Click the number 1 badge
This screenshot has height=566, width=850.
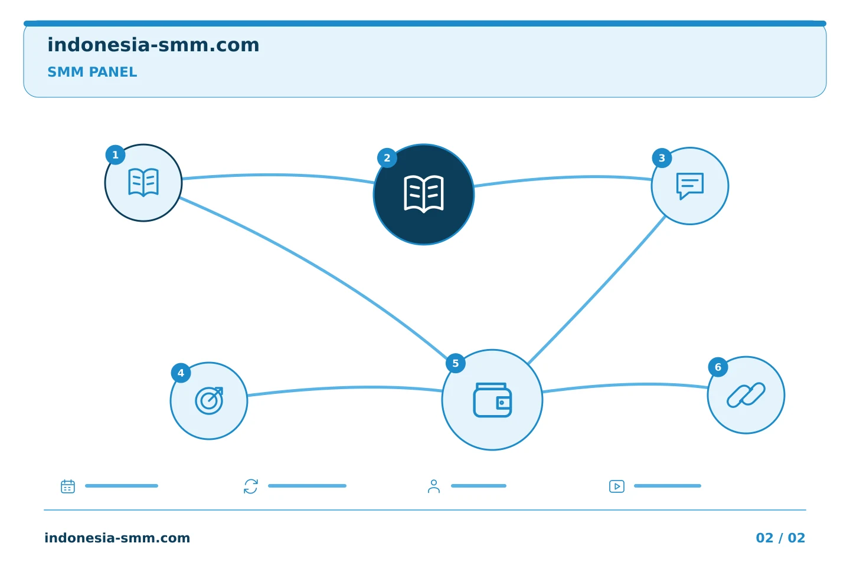tap(115, 154)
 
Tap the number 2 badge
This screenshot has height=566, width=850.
tap(387, 157)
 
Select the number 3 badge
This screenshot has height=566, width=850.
tap(662, 157)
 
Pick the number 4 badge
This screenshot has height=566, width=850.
tap(181, 373)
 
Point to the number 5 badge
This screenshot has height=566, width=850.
tap(455, 363)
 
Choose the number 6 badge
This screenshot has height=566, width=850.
tap(718, 367)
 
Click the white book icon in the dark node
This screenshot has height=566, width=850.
tap(424, 194)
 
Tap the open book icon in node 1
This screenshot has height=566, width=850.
tap(143, 183)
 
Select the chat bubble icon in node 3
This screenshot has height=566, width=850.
tap(690, 186)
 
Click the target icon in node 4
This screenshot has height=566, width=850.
tap(209, 401)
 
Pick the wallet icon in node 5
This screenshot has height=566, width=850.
tap(492, 400)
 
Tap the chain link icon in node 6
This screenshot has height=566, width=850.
tap(746, 395)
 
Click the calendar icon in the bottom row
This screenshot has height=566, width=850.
tap(68, 486)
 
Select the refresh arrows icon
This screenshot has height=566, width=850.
tap(251, 486)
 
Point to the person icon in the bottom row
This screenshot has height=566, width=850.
tap(434, 486)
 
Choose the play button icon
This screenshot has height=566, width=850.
tap(617, 486)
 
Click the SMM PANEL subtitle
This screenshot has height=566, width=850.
tap(92, 72)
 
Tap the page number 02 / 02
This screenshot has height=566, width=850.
tap(780, 538)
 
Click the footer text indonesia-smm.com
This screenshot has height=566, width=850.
tap(117, 538)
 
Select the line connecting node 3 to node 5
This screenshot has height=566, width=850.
tap(597, 291)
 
